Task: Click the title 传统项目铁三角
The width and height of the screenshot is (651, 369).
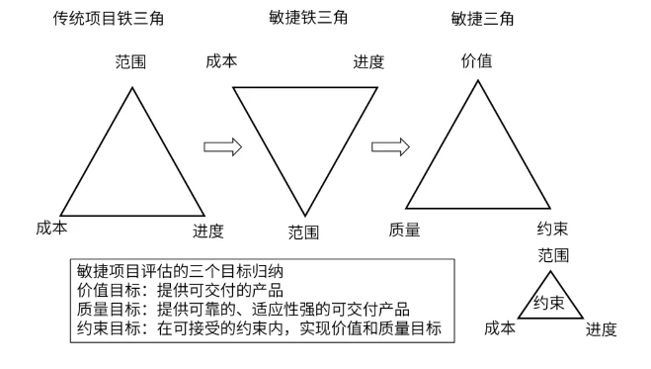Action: pos(109,19)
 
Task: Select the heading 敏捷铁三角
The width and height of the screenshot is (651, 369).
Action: pos(308,18)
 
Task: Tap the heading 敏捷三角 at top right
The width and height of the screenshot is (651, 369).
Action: pos(482,19)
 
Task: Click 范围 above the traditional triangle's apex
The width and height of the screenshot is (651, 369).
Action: pos(130,62)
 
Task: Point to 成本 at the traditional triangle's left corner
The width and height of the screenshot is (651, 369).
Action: pos(51,228)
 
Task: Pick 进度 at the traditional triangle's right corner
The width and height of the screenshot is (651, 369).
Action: pos(208,231)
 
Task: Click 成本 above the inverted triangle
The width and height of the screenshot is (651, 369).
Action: pos(221,61)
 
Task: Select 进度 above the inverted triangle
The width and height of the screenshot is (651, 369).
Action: pos(368,62)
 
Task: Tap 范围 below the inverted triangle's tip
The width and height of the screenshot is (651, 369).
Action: pos(303,232)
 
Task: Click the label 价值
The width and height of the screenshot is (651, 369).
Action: pos(476,61)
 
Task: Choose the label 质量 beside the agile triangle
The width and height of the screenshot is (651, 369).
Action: pos(404,230)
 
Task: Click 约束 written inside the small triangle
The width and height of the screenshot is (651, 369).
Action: pos(549,303)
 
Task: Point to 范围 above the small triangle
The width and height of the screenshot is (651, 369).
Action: pos(553,255)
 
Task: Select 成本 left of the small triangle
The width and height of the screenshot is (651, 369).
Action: pos(500,328)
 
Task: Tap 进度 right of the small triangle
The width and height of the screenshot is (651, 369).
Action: pos(602,329)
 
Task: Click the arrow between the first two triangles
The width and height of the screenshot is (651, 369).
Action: pos(222,146)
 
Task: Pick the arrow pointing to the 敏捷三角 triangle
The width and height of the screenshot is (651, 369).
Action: pos(390,146)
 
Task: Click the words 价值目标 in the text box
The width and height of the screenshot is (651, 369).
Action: pos(109,290)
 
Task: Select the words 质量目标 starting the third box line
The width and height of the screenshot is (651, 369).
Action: pos(109,310)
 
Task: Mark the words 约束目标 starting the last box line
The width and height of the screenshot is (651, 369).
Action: pos(109,328)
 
